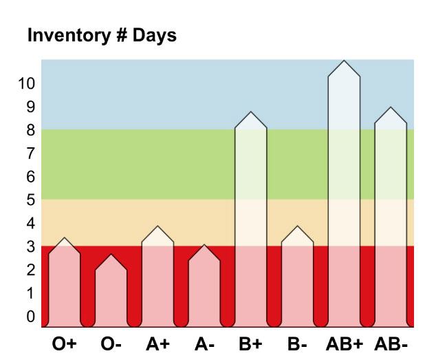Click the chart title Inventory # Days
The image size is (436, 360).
102,36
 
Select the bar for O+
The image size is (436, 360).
64,286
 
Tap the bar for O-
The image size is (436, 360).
111,293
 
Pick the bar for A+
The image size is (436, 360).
157,279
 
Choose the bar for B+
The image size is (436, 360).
251,220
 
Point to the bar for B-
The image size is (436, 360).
297,279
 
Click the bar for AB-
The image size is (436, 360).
391,220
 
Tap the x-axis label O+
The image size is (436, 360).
64,342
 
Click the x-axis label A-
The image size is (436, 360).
204,342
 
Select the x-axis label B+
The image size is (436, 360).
251,342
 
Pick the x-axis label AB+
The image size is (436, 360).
344,342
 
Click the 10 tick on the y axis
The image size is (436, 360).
26,83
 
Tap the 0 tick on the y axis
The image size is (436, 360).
30,317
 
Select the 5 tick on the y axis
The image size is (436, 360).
30,200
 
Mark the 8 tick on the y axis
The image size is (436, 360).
30,129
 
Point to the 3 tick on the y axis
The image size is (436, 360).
30,246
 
